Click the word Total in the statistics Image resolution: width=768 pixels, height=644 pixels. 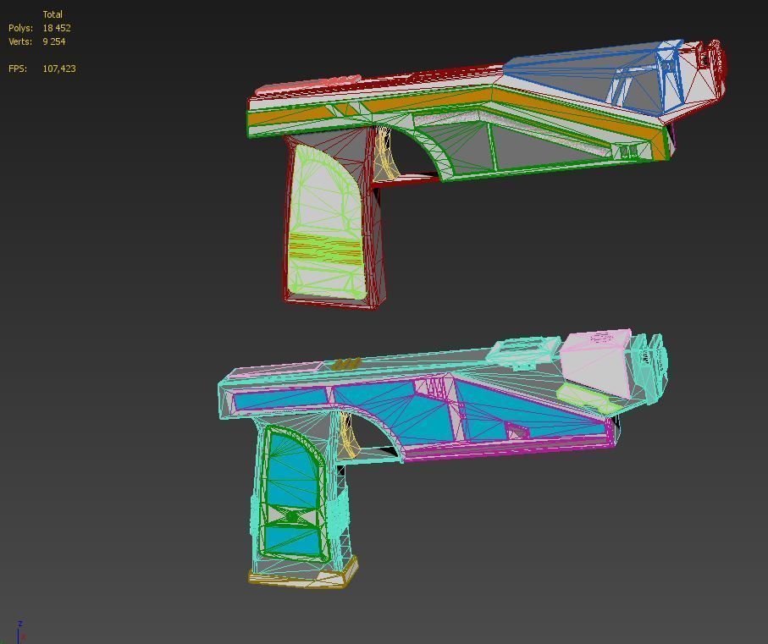[x=52, y=14]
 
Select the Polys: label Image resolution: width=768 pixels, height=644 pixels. [x=21, y=28]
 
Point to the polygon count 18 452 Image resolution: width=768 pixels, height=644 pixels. [x=57, y=28]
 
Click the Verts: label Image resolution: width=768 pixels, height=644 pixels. [x=21, y=41]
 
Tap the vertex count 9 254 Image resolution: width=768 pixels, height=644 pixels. [x=53, y=41]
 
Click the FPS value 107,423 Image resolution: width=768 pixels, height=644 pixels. [x=59, y=69]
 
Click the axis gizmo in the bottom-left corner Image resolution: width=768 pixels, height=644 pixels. [x=19, y=632]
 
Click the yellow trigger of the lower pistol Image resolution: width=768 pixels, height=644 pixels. [x=347, y=436]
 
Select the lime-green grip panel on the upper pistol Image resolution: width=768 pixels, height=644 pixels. [x=326, y=224]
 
